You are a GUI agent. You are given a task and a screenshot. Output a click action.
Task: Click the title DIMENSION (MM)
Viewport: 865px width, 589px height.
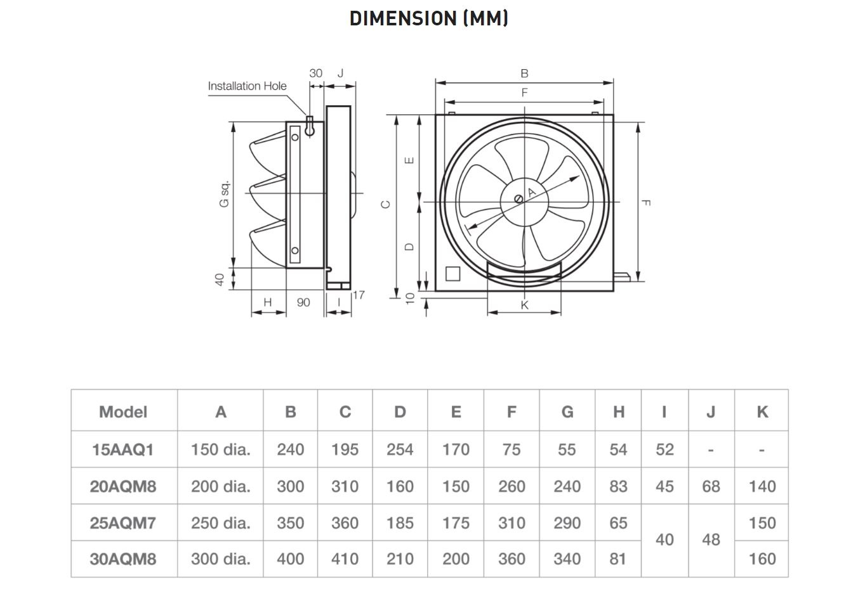428,18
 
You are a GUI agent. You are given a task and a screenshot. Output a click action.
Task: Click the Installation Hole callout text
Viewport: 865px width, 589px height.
247,86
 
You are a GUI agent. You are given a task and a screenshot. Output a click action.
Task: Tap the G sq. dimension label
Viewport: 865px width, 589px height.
224,193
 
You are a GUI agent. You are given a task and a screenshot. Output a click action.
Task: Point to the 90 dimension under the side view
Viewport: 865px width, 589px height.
303,302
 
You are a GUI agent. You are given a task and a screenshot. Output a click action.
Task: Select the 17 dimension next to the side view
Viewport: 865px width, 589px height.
359,295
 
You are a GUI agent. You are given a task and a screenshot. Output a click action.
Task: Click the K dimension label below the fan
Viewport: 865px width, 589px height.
524,305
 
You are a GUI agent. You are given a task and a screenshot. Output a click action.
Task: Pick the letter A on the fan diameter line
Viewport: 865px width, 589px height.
532,191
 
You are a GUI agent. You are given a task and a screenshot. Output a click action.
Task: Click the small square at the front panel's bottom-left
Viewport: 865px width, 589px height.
452,273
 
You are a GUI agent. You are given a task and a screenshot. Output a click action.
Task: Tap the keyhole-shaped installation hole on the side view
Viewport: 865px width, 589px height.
309,126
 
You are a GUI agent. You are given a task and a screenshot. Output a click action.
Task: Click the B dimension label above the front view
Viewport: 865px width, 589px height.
524,74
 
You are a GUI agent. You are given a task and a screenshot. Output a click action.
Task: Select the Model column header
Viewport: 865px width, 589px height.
123,412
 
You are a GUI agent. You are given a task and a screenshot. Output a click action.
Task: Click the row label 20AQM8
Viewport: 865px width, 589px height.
123,486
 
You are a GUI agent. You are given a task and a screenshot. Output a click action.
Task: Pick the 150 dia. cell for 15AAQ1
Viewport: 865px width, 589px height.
220,450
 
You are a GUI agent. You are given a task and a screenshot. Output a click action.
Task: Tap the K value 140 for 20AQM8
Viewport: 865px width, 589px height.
762,486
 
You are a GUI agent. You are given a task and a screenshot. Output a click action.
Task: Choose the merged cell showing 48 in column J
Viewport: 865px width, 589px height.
711,540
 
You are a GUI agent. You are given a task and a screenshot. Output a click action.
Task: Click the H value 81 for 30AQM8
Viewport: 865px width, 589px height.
618,559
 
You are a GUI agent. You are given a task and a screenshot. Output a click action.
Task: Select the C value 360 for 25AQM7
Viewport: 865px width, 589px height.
345,523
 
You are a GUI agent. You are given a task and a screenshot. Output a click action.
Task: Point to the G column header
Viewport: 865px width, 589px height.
567,412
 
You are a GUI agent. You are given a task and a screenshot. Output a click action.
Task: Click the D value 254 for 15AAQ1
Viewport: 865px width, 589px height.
400,450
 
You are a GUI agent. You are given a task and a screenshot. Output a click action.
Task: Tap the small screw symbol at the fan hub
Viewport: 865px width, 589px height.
518,198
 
